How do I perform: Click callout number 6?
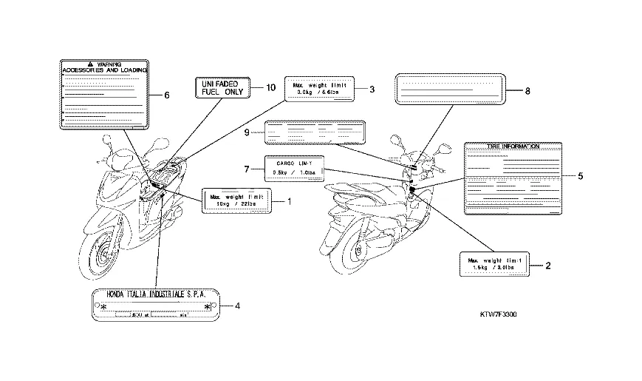(x=167, y=95)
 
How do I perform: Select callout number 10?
(x=270, y=87)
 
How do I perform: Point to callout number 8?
(x=528, y=91)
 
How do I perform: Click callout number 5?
(x=581, y=176)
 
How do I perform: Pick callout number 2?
(x=548, y=264)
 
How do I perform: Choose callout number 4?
(x=236, y=305)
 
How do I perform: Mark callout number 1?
(x=290, y=200)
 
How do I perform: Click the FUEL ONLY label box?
(x=221, y=90)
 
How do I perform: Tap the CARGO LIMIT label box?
(x=293, y=169)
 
